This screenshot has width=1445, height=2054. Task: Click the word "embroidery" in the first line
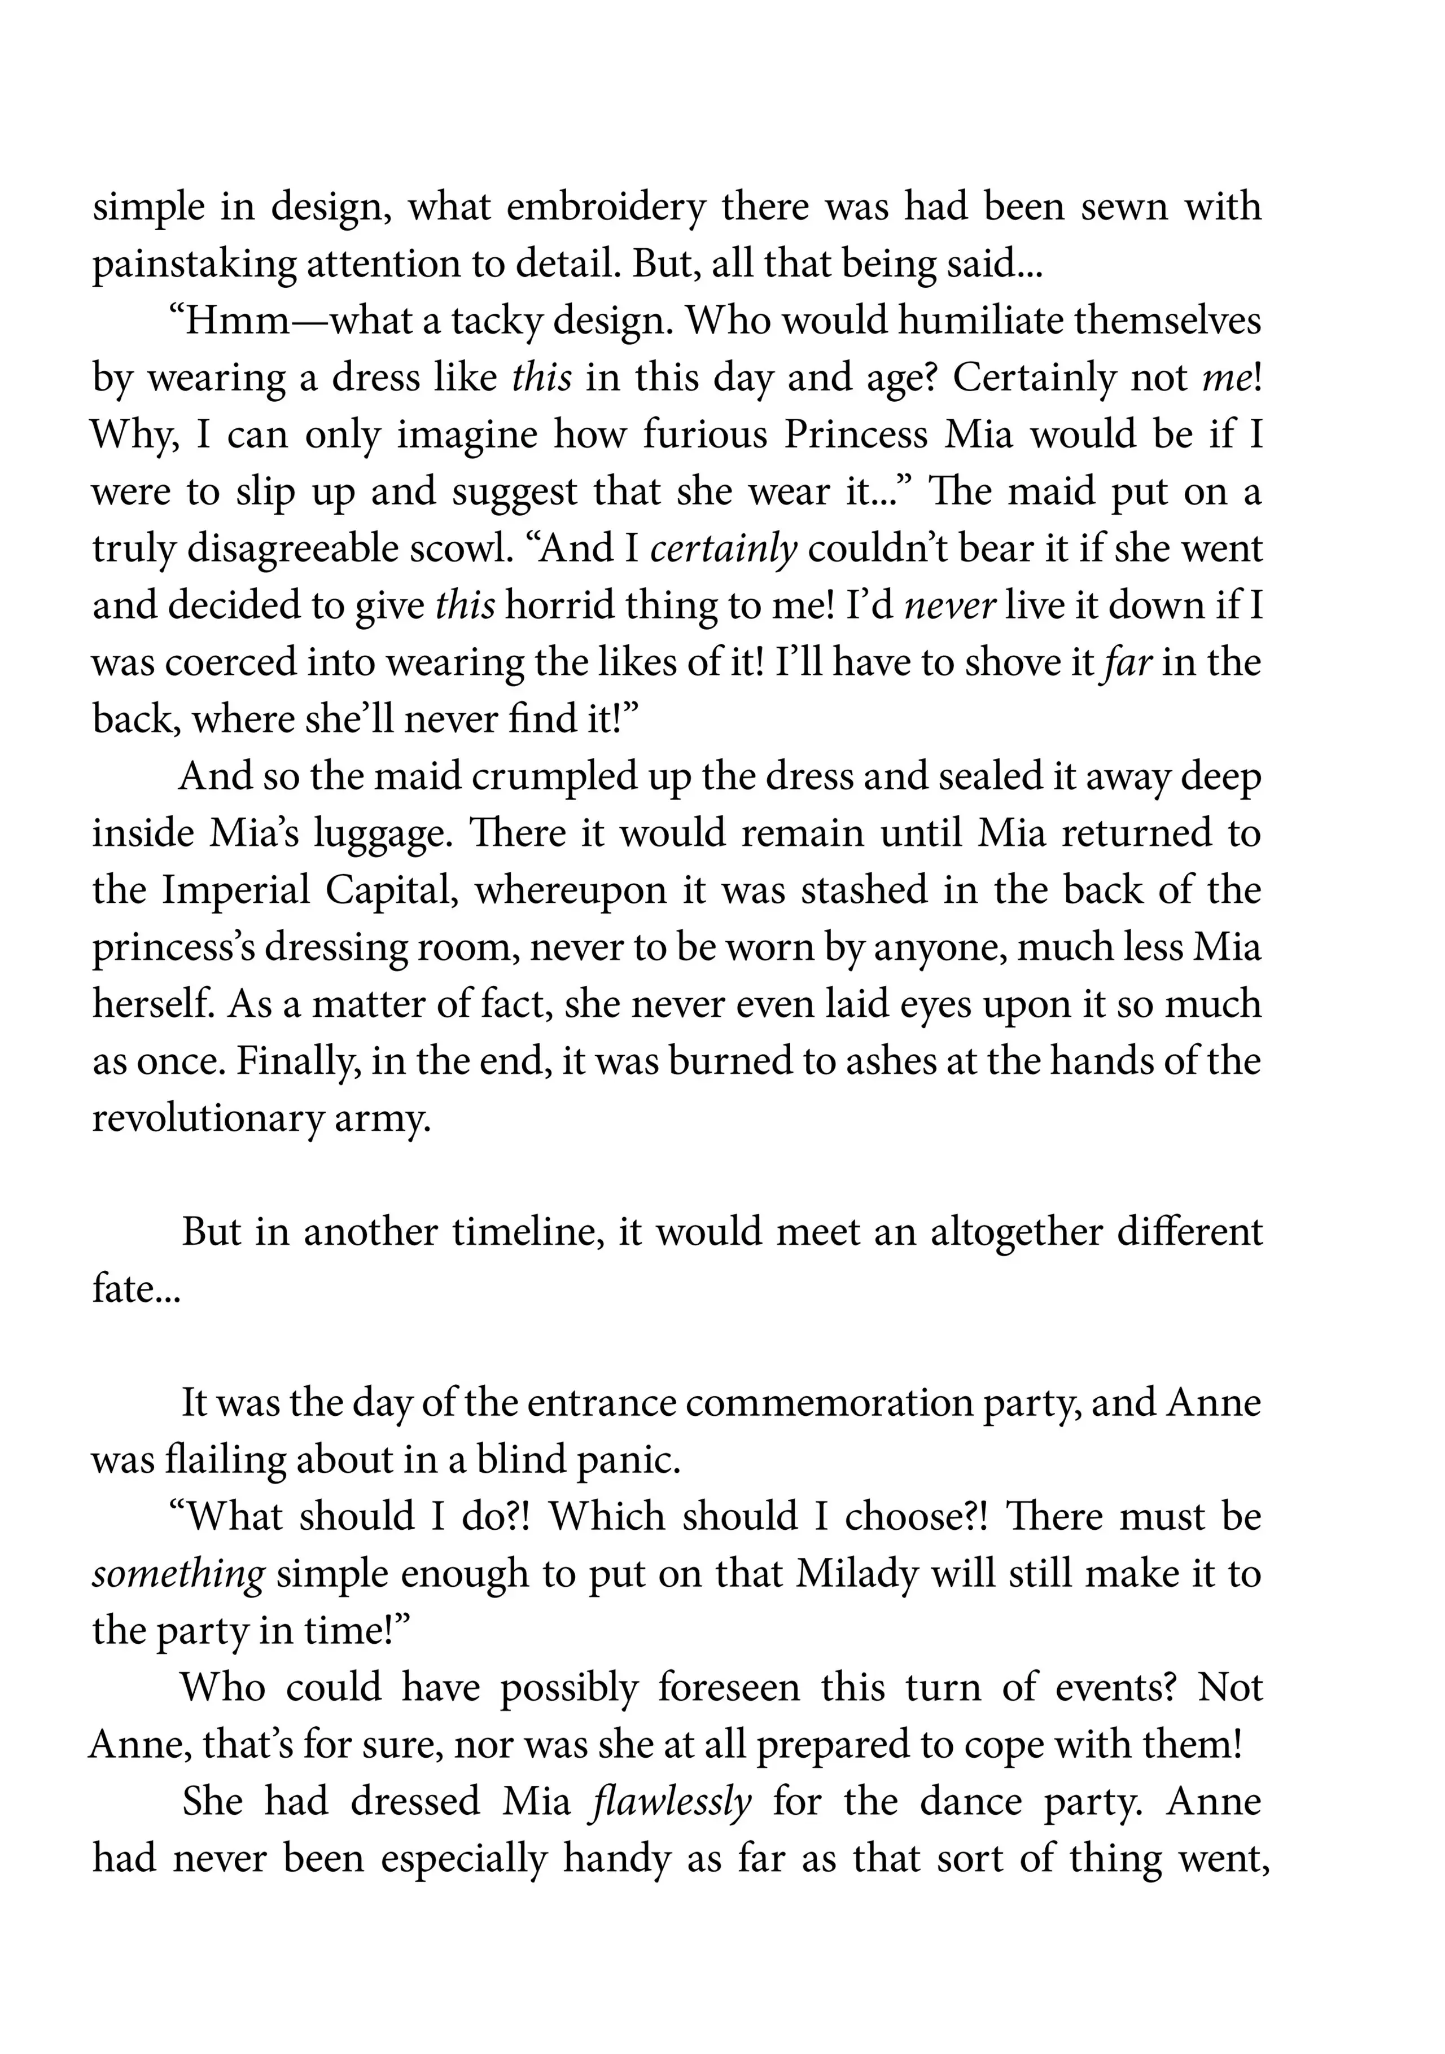tap(606, 207)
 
